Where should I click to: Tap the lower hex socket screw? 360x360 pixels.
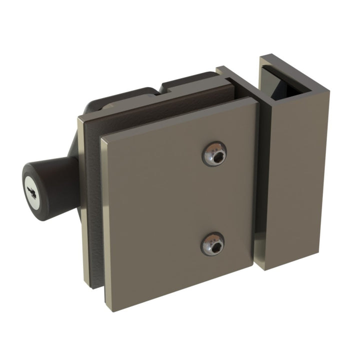212,244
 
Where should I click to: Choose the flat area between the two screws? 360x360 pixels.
213,200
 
